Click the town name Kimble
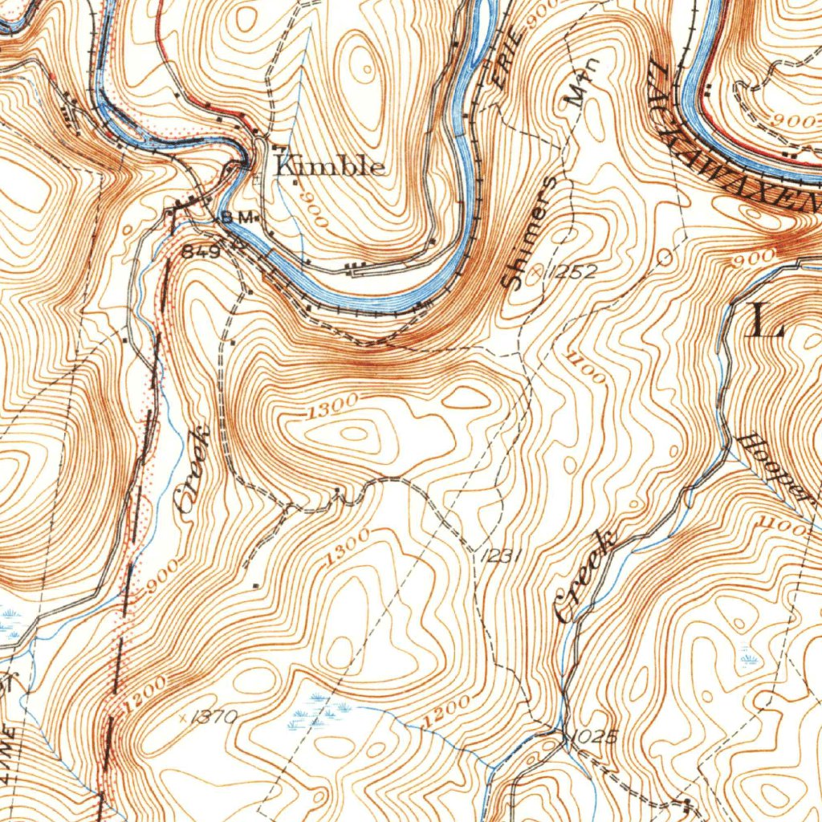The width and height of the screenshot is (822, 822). coord(329,166)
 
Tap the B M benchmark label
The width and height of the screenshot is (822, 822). coord(238,218)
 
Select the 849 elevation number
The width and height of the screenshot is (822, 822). coord(201,251)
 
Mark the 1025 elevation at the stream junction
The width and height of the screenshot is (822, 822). coord(595,736)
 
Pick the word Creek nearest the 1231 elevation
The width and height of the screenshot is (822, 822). coord(584,576)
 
